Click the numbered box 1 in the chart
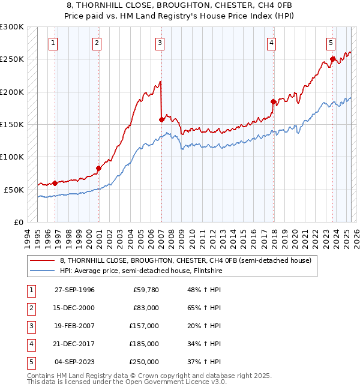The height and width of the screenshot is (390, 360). (x=54, y=43)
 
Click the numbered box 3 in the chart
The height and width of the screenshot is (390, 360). (x=160, y=43)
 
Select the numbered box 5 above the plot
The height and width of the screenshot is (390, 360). (x=331, y=43)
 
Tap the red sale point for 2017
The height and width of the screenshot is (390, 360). (x=273, y=102)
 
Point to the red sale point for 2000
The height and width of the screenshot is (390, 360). (x=98, y=169)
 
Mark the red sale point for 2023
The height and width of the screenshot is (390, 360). (x=332, y=59)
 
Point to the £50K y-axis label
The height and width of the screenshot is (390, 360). (x=14, y=190)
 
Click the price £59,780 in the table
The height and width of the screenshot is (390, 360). (x=145, y=290)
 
